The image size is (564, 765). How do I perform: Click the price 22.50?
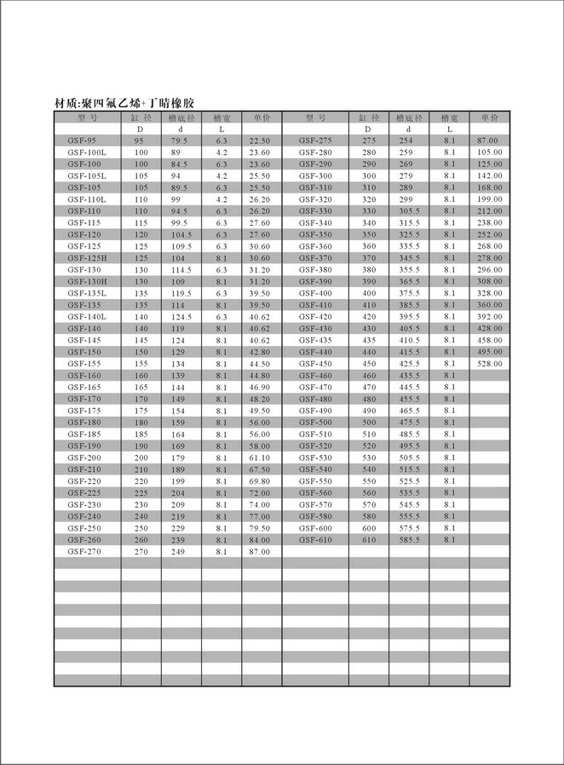click(259, 140)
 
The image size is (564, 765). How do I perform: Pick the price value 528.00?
click(489, 364)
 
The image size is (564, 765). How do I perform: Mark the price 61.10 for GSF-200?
click(259, 457)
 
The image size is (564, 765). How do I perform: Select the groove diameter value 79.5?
click(180, 140)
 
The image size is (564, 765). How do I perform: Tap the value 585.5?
click(410, 540)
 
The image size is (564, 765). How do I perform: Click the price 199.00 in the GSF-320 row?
click(489, 198)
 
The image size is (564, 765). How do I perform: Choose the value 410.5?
click(410, 340)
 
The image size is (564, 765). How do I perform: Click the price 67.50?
click(259, 469)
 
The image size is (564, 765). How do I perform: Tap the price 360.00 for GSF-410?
click(489, 305)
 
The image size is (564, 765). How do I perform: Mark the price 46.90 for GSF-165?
click(259, 387)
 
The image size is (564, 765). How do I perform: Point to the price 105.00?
click(489, 152)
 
